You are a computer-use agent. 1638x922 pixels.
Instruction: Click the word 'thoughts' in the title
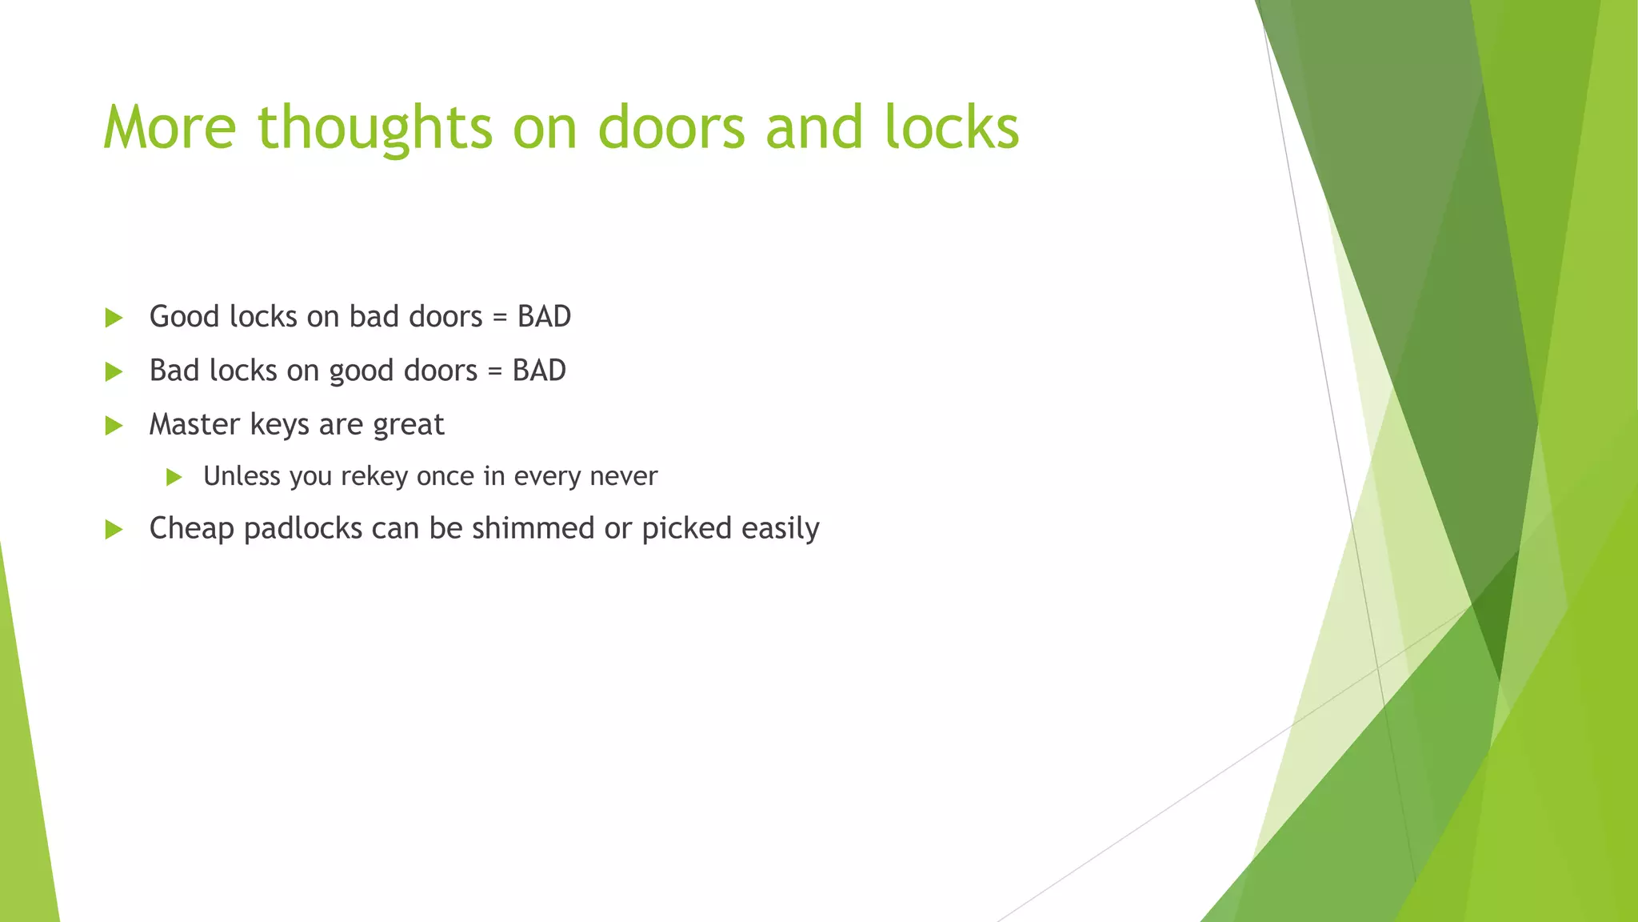(x=374, y=128)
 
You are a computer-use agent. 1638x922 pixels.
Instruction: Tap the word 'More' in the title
(x=170, y=128)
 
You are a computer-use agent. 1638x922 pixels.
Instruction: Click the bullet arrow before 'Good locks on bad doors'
(x=114, y=318)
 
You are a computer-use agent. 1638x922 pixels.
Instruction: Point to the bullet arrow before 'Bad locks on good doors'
(x=114, y=371)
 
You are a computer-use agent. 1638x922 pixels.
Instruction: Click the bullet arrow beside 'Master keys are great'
(x=114, y=425)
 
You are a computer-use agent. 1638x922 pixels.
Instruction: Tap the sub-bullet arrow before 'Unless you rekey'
(x=174, y=478)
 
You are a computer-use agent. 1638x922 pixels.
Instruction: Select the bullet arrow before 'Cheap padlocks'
(x=114, y=529)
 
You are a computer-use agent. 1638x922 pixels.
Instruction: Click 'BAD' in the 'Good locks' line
(x=544, y=317)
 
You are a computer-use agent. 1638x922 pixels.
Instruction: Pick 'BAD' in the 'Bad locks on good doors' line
(x=539, y=371)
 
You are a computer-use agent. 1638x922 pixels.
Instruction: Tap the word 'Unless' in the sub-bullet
(x=242, y=476)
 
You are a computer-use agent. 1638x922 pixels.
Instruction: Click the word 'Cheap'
(x=191, y=529)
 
